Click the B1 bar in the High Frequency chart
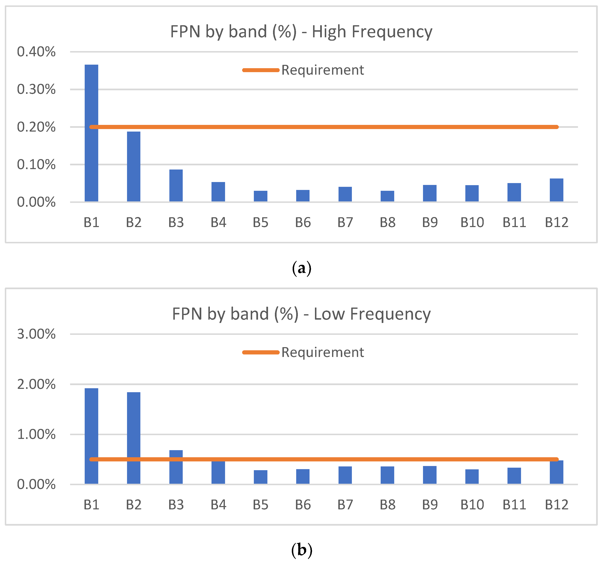point(91,133)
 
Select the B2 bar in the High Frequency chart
point(134,167)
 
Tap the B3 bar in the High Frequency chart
point(176,186)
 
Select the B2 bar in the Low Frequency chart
point(134,438)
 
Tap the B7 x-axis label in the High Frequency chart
point(345,222)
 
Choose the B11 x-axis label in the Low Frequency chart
point(514,505)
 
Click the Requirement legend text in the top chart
point(322,70)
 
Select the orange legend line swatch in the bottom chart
point(261,352)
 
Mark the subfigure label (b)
point(302,550)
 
